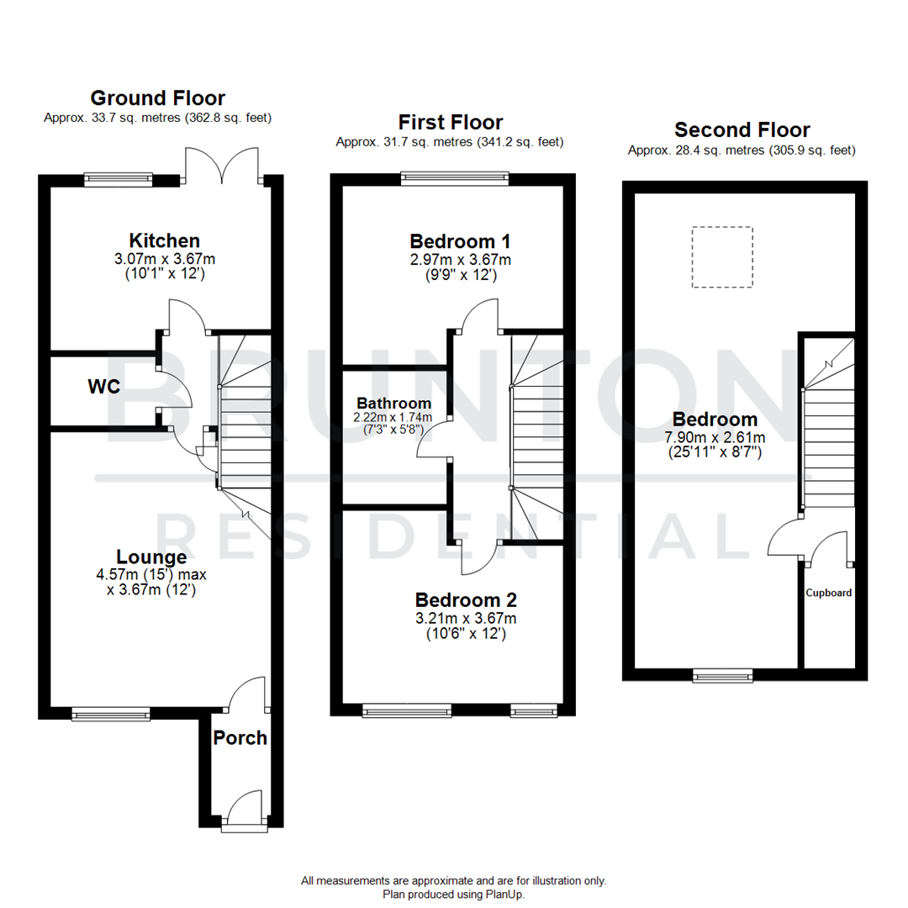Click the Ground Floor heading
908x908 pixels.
pyautogui.click(x=157, y=98)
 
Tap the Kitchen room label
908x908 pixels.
pyautogui.click(x=164, y=240)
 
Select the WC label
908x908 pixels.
pyautogui.click(x=104, y=387)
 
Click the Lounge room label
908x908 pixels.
pyautogui.click(x=151, y=557)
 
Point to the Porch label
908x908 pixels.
pyautogui.click(x=240, y=738)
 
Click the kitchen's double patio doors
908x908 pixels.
pyautogui.click(x=222, y=166)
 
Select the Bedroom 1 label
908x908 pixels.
pyautogui.click(x=460, y=240)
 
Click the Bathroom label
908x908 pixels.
pyautogui.click(x=393, y=404)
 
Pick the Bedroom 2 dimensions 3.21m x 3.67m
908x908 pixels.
pyautogui.click(x=466, y=618)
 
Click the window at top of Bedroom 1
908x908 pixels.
pyautogui.click(x=455, y=177)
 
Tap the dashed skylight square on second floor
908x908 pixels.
pyautogui.click(x=722, y=257)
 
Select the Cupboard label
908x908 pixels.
pyautogui.click(x=829, y=593)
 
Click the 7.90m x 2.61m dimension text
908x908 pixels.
pyautogui.click(x=715, y=437)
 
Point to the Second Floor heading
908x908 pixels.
pyautogui.click(x=742, y=129)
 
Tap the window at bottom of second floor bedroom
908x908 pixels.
pyautogui.click(x=722, y=674)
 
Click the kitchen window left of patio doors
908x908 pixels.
pyautogui.click(x=119, y=178)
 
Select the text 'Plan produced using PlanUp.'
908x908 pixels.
pyautogui.click(x=454, y=895)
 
